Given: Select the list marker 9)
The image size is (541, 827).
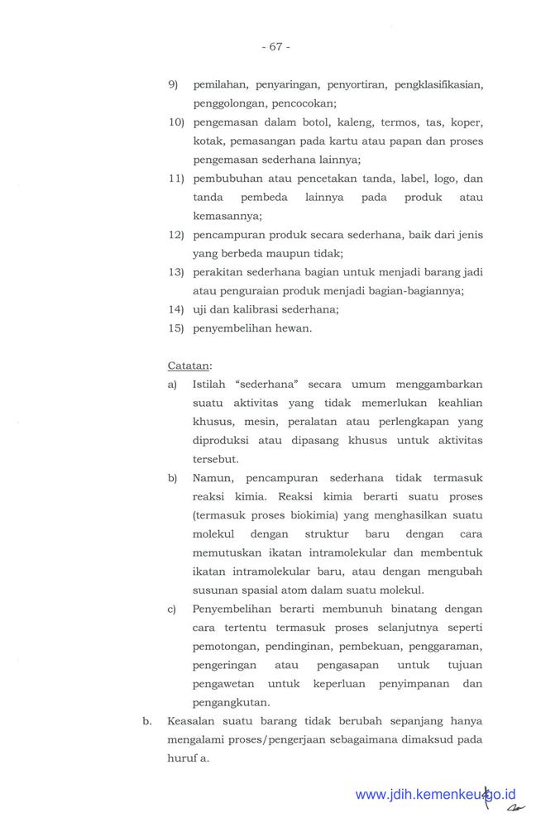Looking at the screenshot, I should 175,85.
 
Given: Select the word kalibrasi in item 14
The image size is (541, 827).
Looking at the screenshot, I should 251,309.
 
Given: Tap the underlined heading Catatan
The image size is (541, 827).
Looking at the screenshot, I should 189,365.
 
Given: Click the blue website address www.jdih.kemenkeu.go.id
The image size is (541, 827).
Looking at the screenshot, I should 435,796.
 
